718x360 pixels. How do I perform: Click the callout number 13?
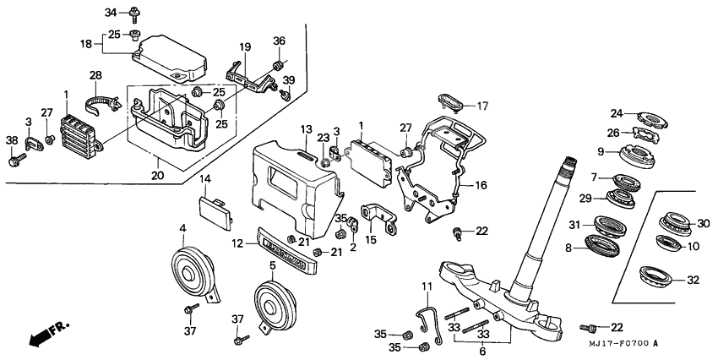click(306, 128)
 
